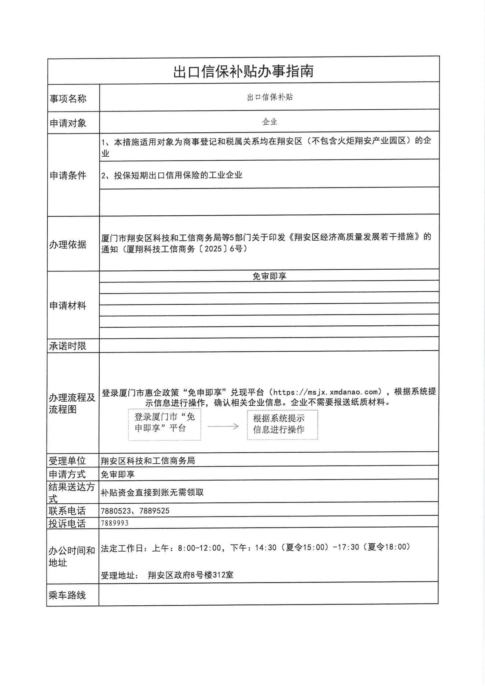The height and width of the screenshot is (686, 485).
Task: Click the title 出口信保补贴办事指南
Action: point(243,71)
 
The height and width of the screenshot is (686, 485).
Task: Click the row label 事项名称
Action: point(68,98)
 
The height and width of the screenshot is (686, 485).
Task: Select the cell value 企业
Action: point(269,122)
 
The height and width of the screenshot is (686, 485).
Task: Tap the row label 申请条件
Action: point(68,175)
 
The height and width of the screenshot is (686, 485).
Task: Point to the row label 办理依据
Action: point(68,244)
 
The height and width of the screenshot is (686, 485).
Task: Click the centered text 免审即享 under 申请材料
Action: point(269,276)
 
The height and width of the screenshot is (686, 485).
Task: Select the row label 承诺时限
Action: point(68,346)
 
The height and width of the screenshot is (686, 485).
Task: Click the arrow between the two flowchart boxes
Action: point(223,426)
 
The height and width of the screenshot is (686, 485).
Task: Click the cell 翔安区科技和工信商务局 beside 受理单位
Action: point(148,461)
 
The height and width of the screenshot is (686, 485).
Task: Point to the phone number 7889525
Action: point(154,511)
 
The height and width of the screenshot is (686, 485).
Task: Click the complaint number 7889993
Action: point(115,523)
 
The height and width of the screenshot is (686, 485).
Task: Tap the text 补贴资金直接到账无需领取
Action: point(152,492)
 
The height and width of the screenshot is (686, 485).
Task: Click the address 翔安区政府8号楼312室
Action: point(191,575)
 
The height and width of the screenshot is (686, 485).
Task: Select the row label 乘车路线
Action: point(67,595)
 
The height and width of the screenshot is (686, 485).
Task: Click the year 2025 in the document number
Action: point(213,249)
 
